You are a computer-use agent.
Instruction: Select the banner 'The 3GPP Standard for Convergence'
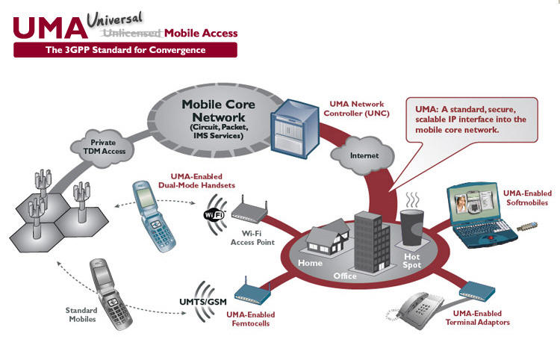point(125,50)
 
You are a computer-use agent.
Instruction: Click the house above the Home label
point(320,240)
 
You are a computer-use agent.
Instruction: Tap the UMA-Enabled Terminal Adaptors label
point(477,317)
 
